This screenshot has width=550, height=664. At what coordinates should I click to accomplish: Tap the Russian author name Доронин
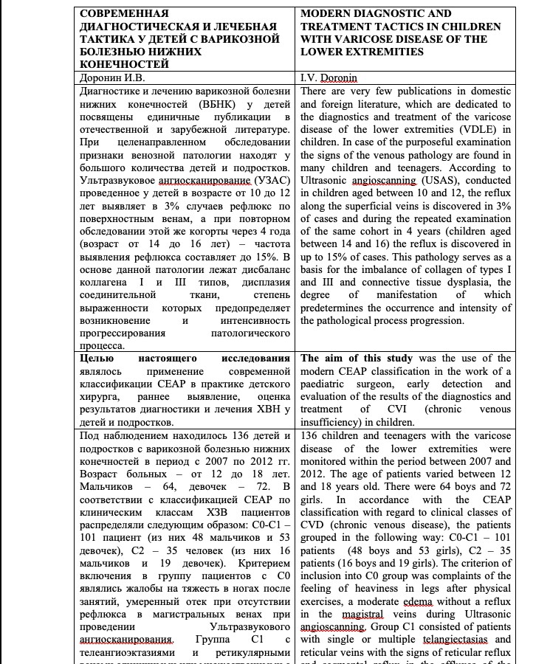point(99,77)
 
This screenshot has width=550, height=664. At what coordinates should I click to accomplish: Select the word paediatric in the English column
point(329,385)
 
